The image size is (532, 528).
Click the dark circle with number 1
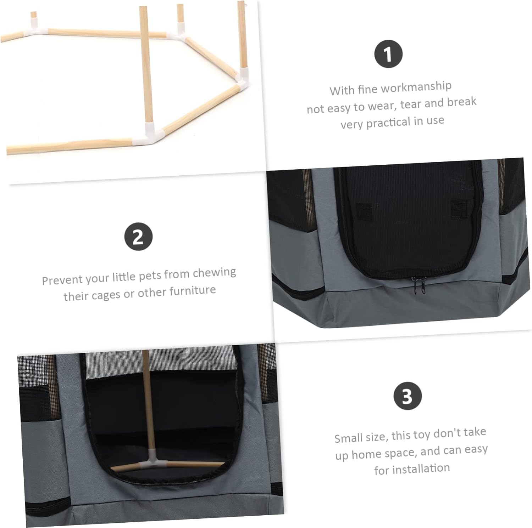click(388, 54)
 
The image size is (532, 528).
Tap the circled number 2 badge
click(138, 237)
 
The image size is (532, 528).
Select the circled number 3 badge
click(408, 396)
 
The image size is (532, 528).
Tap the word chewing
click(214, 273)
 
